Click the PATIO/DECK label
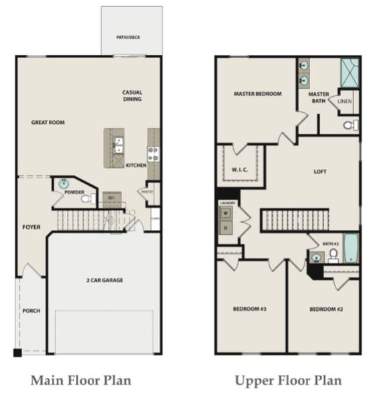click(131, 38)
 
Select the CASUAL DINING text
click(132, 96)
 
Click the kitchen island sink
click(118, 142)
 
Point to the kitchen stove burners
click(154, 154)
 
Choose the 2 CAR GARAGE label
click(104, 280)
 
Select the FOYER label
click(31, 227)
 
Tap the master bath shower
click(349, 70)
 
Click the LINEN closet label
click(344, 102)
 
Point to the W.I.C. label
click(240, 170)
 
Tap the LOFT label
click(321, 172)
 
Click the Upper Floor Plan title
click(288, 381)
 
